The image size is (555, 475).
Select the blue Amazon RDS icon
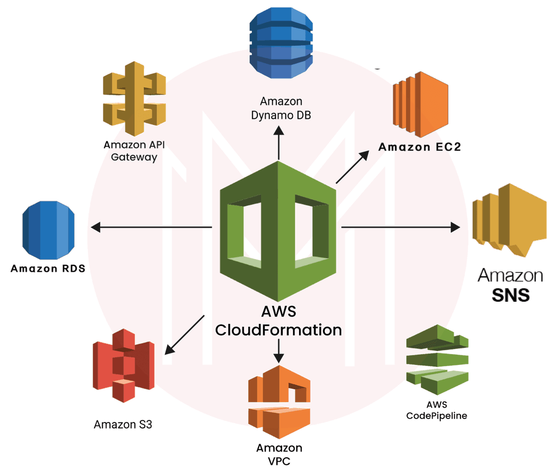(x=49, y=230)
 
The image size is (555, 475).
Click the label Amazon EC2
(x=420, y=148)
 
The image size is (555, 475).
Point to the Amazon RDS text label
(x=48, y=268)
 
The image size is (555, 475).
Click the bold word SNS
(x=510, y=296)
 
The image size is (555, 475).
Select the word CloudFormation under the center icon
(x=279, y=330)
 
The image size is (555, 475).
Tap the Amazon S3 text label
(x=123, y=425)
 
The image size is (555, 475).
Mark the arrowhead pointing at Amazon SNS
(x=455, y=227)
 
